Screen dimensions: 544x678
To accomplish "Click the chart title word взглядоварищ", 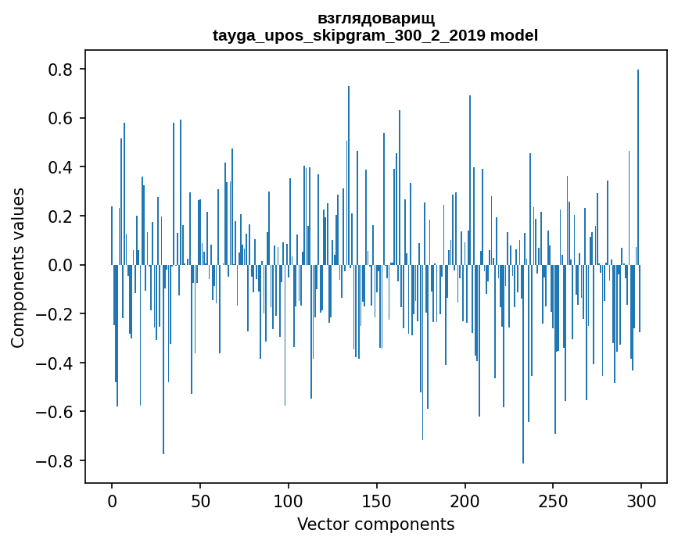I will click(x=375, y=18).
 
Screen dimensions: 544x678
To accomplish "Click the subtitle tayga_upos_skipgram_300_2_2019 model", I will click(x=375, y=35).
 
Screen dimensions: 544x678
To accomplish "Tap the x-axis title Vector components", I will click(x=375, y=524).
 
